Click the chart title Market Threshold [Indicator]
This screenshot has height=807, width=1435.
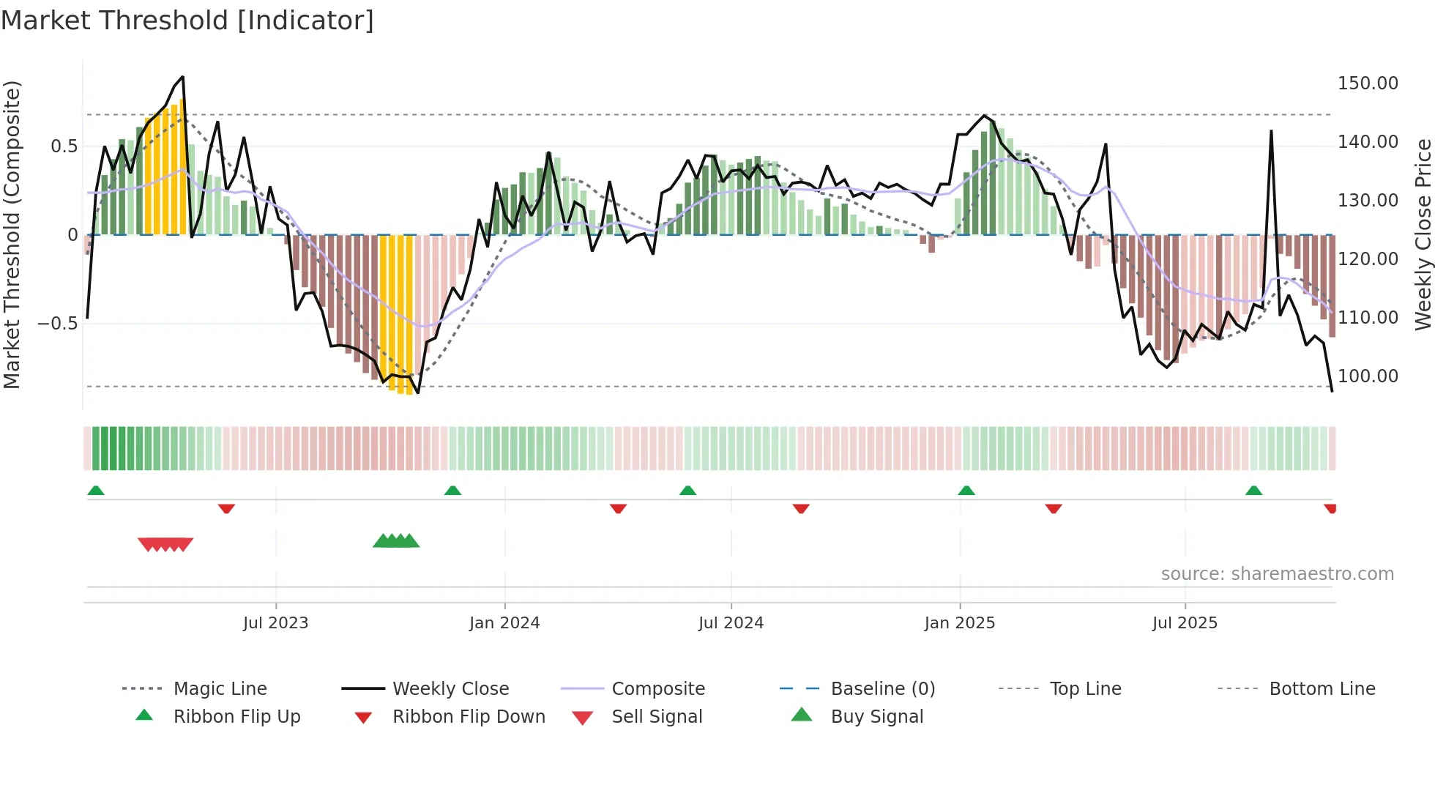[187, 21]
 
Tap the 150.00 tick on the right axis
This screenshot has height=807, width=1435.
[1367, 83]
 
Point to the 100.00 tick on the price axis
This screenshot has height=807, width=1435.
[1367, 376]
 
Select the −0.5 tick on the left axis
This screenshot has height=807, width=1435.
[57, 324]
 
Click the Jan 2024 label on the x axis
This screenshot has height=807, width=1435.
[504, 623]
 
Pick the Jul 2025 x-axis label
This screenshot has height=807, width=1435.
[1184, 623]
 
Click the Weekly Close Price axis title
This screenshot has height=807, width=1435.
[1423, 234]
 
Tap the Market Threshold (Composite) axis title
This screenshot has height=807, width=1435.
[12, 234]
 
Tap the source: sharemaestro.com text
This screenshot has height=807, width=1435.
[1277, 574]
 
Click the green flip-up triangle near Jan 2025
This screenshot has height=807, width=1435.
[966, 491]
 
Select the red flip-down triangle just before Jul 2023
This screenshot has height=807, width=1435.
[226, 508]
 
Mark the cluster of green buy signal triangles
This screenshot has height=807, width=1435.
[396, 541]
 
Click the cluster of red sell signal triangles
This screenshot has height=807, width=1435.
[165, 544]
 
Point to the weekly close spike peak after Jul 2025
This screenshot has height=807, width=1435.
[1271, 132]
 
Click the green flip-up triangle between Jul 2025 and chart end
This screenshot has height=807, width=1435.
[1253, 491]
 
